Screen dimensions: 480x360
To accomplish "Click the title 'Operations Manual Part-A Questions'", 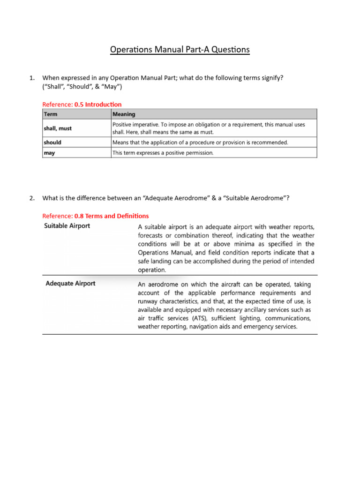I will pos(180,49).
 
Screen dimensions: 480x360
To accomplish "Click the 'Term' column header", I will pos(50,114).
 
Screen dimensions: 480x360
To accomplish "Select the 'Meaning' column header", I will pos(124,114).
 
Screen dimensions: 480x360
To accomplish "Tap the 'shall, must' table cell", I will pos(58,128).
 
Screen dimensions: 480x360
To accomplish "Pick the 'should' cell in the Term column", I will pos(52,142).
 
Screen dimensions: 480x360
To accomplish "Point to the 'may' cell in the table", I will pos(49,153).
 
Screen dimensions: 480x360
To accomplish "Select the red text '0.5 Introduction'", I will pos(98,104).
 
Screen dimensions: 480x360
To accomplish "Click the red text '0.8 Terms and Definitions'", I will pos(112,216).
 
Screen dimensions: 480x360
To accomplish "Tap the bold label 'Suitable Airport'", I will pos(67,226).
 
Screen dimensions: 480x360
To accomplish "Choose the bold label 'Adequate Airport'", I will pos(70,284).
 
